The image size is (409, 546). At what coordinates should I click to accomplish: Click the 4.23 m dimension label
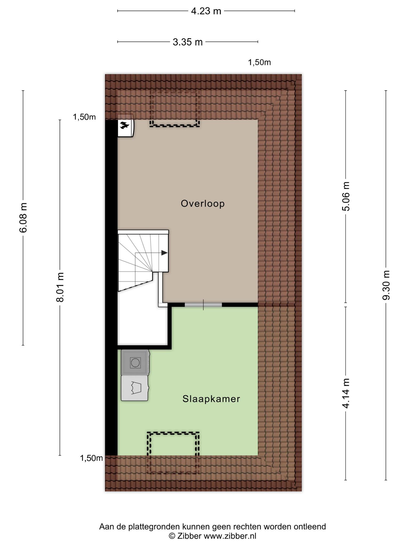click(x=206, y=11)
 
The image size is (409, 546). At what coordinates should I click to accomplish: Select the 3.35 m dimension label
click(x=188, y=42)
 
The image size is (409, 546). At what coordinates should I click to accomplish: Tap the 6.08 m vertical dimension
click(x=23, y=218)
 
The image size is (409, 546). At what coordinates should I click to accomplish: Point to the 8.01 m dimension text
click(x=60, y=287)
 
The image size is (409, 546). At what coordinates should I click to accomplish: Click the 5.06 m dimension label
click(x=346, y=196)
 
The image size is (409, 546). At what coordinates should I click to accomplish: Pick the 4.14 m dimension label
click(x=346, y=393)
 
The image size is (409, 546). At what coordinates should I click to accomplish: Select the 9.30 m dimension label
click(x=386, y=285)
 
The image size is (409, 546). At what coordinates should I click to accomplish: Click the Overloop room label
click(x=203, y=203)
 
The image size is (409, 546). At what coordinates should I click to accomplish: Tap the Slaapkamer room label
click(x=211, y=399)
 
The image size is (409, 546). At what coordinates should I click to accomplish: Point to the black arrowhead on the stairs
click(x=164, y=253)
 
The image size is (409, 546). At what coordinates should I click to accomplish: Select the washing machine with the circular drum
click(x=135, y=363)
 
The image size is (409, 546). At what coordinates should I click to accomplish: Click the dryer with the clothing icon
click(x=135, y=388)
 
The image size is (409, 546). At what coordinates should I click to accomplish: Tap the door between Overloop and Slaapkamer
click(x=203, y=305)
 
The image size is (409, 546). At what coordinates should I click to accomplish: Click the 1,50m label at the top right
click(x=259, y=62)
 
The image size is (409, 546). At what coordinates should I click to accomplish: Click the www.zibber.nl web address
click(x=230, y=536)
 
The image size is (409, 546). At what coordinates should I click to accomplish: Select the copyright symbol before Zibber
click(x=172, y=536)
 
